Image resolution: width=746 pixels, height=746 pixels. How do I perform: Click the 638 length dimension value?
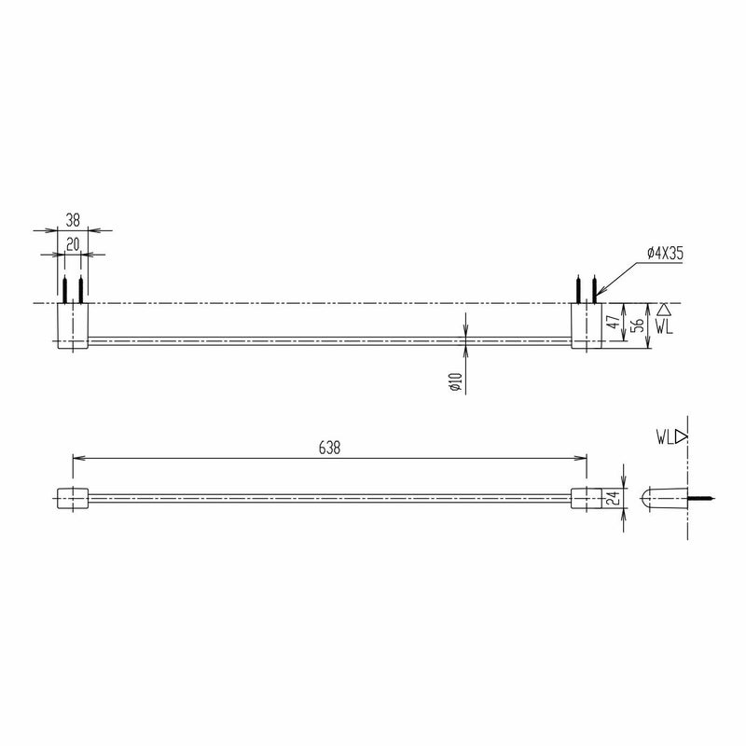tap(328, 447)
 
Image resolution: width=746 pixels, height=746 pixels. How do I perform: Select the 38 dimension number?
tap(73, 220)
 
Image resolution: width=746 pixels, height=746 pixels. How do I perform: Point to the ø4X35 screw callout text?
tap(666, 253)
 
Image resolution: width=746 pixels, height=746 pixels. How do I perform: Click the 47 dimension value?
tap(613, 324)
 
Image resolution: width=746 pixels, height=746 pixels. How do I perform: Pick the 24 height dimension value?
tap(613, 499)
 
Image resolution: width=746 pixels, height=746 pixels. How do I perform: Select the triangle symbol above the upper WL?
tap(663, 309)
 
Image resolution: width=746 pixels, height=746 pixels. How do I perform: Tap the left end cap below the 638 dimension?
tap(73, 498)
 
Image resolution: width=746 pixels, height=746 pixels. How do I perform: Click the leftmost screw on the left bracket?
tap(64, 289)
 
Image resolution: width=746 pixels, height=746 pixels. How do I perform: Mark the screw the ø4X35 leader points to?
tap(595, 289)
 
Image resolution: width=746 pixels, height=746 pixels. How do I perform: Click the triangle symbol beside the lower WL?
tap(682, 435)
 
